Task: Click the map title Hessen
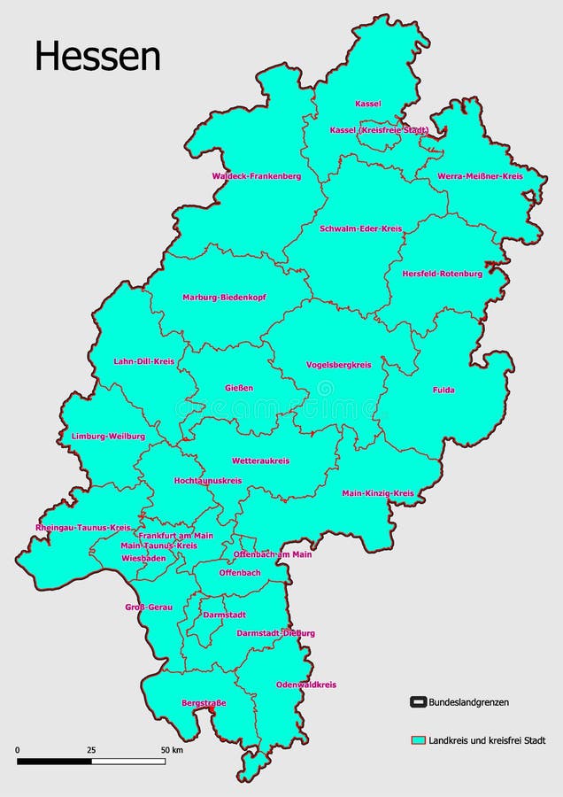pos(97,56)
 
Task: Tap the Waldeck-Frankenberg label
pos(257,176)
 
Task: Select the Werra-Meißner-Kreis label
pos(481,176)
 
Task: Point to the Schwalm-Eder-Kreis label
pos(361,228)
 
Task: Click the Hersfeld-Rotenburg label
pos(443,274)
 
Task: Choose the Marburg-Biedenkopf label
pos(225,298)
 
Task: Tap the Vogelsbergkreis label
pos(339,364)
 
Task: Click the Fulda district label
pos(443,390)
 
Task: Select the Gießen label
pos(239,388)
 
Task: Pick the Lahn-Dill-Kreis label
pos(144,361)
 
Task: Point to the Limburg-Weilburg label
pos(108,437)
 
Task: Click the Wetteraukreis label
pos(261,461)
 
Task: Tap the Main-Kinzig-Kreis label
pos(378,493)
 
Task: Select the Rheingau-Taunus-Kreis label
pos(83,528)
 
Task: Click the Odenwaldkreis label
pos(306,685)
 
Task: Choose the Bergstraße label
pos(204,703)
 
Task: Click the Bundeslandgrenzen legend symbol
pos(419,702)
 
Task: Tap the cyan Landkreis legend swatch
pos(419,739)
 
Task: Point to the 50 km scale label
pos(171,750)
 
